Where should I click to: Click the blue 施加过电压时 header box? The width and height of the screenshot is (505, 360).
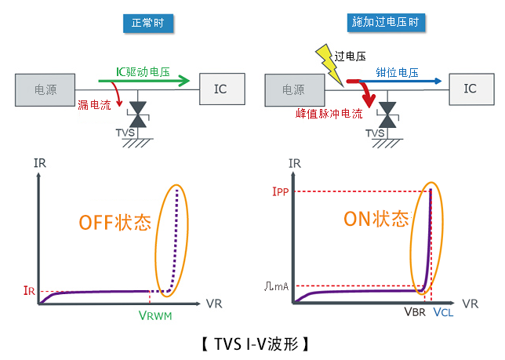[386, 24]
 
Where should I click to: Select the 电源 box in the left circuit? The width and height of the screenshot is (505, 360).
[45, 89]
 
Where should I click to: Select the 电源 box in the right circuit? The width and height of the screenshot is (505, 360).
[294, 90]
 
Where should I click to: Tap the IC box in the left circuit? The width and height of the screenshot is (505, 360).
[221, 89]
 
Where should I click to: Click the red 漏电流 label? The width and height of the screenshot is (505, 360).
[94, 105]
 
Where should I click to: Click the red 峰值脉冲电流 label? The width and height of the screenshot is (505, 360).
[324, 115]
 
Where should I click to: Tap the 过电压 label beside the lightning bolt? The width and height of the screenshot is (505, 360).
[350, 56]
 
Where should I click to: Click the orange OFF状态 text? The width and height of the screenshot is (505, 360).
[114, 222]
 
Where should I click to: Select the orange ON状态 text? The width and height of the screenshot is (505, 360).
[376, 219]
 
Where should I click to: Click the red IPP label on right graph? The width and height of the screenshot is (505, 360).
[278, 190]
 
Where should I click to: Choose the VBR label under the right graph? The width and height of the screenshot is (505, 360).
[415, 311]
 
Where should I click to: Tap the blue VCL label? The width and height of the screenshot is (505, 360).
[443, 313]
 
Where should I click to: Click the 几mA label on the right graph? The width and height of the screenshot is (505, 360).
[277, 286]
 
